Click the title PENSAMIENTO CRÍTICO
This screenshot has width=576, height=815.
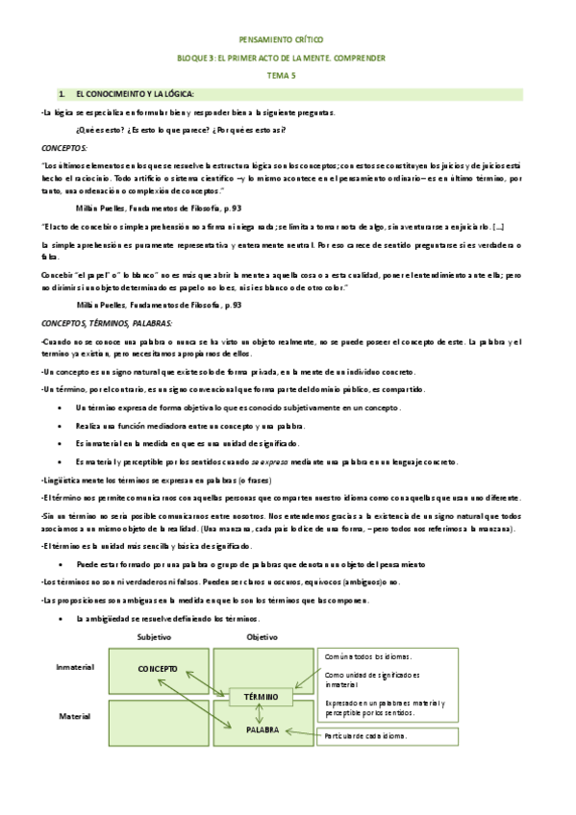(288, 41)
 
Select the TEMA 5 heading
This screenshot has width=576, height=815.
(288, 75)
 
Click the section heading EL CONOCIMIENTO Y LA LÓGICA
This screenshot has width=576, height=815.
(135, 93)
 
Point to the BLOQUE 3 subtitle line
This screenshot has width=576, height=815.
(288, 58)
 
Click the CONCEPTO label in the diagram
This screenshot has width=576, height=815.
(158, 668)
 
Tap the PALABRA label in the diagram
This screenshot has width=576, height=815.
(261, 730)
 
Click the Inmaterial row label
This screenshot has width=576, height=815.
(75, 665)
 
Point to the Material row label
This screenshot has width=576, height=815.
(75, 717)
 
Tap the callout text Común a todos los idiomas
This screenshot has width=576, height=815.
(368, 656)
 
